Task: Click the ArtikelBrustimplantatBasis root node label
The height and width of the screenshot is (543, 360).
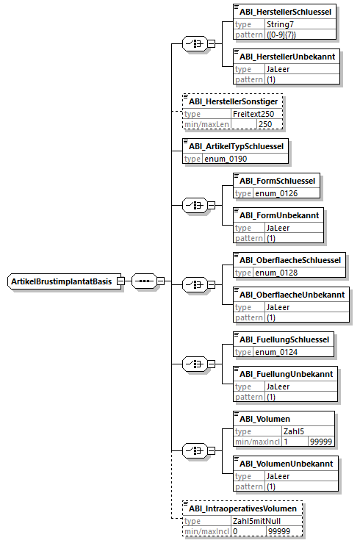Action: point(61,281)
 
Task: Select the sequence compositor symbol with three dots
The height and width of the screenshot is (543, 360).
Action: point(144,281)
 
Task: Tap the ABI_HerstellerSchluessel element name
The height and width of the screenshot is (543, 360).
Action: point(285,12)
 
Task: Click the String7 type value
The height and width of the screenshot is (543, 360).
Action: point(280,24)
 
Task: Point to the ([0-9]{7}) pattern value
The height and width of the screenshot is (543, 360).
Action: point(281,35)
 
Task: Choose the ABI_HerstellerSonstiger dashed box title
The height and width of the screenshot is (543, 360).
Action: point(234,101)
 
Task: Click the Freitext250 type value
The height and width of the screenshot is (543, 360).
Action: point(253,114)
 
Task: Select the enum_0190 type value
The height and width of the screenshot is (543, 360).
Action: point(226,159)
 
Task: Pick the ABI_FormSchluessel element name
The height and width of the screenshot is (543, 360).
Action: point(277,181)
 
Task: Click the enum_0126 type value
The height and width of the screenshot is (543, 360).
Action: point(276,193)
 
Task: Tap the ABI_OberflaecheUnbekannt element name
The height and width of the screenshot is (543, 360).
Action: point(292,295)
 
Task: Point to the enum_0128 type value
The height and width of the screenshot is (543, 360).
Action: point(276,273)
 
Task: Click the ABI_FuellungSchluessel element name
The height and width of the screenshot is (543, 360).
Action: point(284,339)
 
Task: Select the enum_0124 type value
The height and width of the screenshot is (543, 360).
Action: point(276,352)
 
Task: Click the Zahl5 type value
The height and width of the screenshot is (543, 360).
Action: point(294,431)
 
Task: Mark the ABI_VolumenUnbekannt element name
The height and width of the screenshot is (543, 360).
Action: point(287,464)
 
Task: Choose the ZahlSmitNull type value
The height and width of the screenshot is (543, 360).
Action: point(256,521)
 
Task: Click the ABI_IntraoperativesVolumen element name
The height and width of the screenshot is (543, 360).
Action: point(242,508)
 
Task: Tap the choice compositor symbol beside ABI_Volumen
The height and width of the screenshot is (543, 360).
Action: point(195,450)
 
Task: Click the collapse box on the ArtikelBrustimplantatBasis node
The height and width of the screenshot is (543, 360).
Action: point(120,281)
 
